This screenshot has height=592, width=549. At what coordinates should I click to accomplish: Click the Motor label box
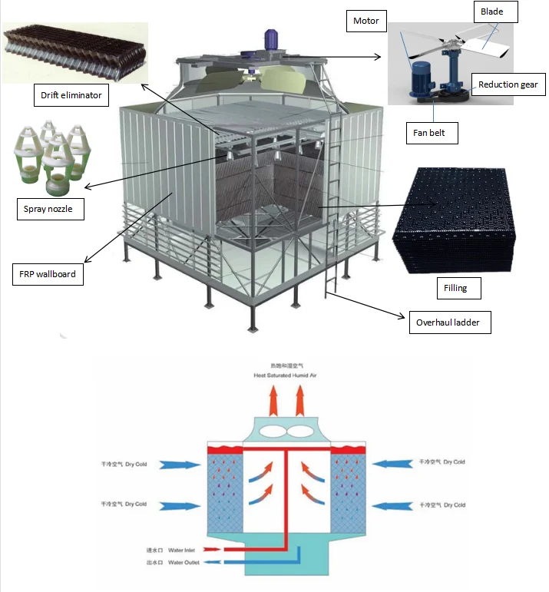[x=366, y=20]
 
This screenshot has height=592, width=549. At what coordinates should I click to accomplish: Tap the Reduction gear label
[x=508, y=84]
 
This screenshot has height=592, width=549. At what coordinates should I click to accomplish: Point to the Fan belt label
[x=431, y=133]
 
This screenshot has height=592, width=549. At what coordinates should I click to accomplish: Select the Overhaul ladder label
[x=448, y=322]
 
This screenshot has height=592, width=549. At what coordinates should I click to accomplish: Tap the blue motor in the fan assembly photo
[x=420, y=77]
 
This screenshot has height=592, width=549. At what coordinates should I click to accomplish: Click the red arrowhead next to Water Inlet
[x=222, y=550]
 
